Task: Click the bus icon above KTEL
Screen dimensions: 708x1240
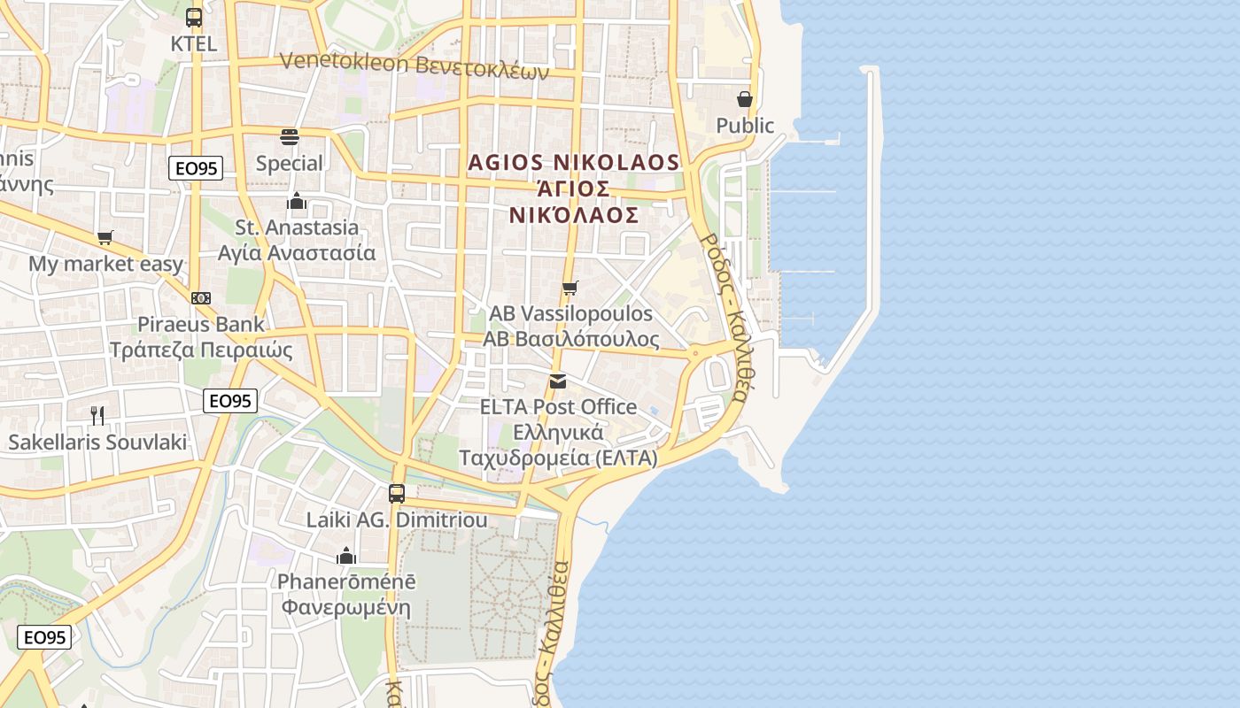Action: pos(194,17)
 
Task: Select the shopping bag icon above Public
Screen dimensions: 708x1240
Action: pos(745,98)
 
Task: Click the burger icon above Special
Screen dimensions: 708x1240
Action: pos(290,136)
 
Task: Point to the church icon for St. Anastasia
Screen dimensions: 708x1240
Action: pos(297,201)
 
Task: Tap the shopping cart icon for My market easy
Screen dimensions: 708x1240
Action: pos(105,237)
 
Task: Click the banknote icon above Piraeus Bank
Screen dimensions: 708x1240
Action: pos(201,298)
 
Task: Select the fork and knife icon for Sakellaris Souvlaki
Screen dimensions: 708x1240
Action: pos(97,414)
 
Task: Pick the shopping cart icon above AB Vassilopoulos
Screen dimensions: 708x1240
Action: pos(570,288)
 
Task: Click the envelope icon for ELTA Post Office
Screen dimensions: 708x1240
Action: pos(558,381)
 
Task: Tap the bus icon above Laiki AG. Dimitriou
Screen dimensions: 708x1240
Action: pos(397,493)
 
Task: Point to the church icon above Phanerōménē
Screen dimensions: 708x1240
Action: pos(346,556)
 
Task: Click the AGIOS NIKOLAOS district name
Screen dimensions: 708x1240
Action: pos(574,163)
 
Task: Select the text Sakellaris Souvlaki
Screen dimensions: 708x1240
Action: pos(97,442)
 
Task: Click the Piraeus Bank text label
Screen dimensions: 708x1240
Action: pos(201,324)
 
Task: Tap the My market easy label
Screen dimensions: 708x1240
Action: pos(106,264)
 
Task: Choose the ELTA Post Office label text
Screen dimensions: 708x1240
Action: pos(558,407)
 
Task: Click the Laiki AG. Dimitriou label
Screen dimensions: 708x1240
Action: pos(397,519)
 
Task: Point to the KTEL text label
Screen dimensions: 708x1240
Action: pos(194,43)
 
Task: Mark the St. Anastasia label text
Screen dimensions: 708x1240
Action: pos(297,227)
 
